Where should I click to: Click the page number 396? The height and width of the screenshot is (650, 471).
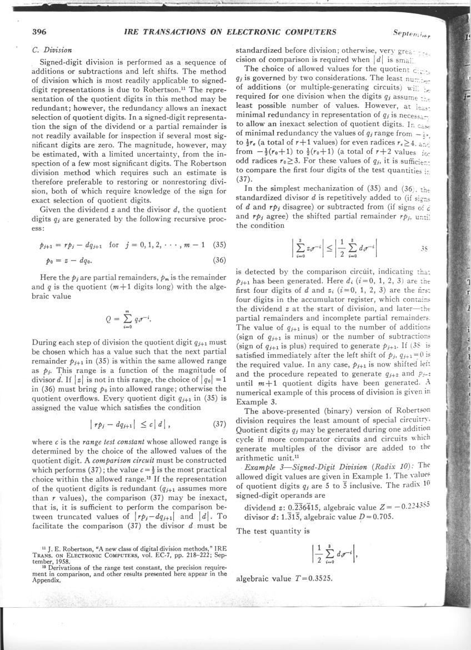click(x=39, y=32)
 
